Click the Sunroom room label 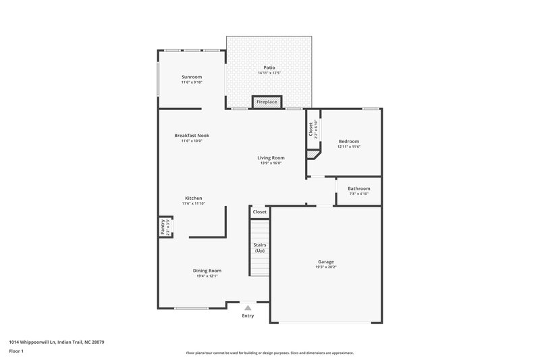click(x=192, y=77)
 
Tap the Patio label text click(x=269, y=68)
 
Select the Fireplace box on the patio click(x=267, y=102)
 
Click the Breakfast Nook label click(x=192, y=135)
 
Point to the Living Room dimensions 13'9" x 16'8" click(x=271, y=163)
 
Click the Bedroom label click(x=349, y=141)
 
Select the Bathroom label click(x=358, y=188)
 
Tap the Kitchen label click(x=194, y=198)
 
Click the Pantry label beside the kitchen click(x=163, y=227)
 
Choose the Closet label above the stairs click(x=260, y=212)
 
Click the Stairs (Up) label click(x=260, y=247)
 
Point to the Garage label click(x=326, y=261)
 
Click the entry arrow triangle click(x=248, y=307)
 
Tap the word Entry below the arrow click(x=248, y=315)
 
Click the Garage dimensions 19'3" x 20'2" click(x=326, y=267)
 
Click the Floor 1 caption click(x=16, y=351)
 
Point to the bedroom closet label click(x=310, y=129)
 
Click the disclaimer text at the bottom click(x=269, y=353)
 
